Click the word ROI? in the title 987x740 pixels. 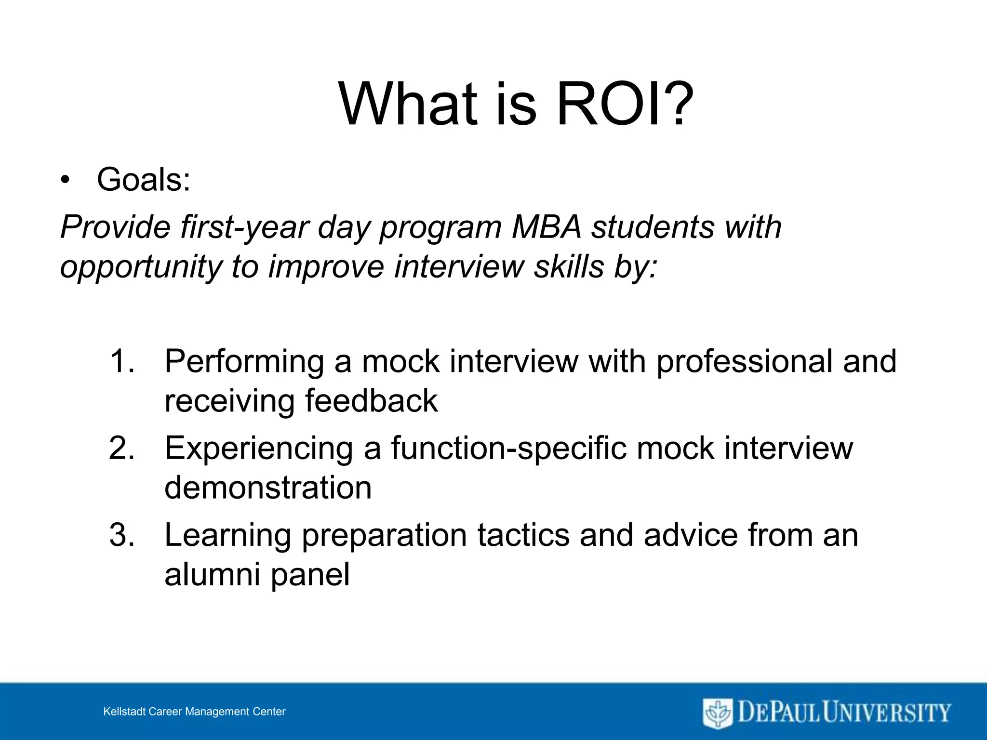[624, 104]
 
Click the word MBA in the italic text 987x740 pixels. [547, 227]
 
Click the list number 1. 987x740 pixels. [121, 361]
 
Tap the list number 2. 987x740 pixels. [121, 448]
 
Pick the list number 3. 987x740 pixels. [121, 535]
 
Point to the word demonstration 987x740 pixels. [268, 488]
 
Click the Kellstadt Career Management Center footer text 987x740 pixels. [194, 712]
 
